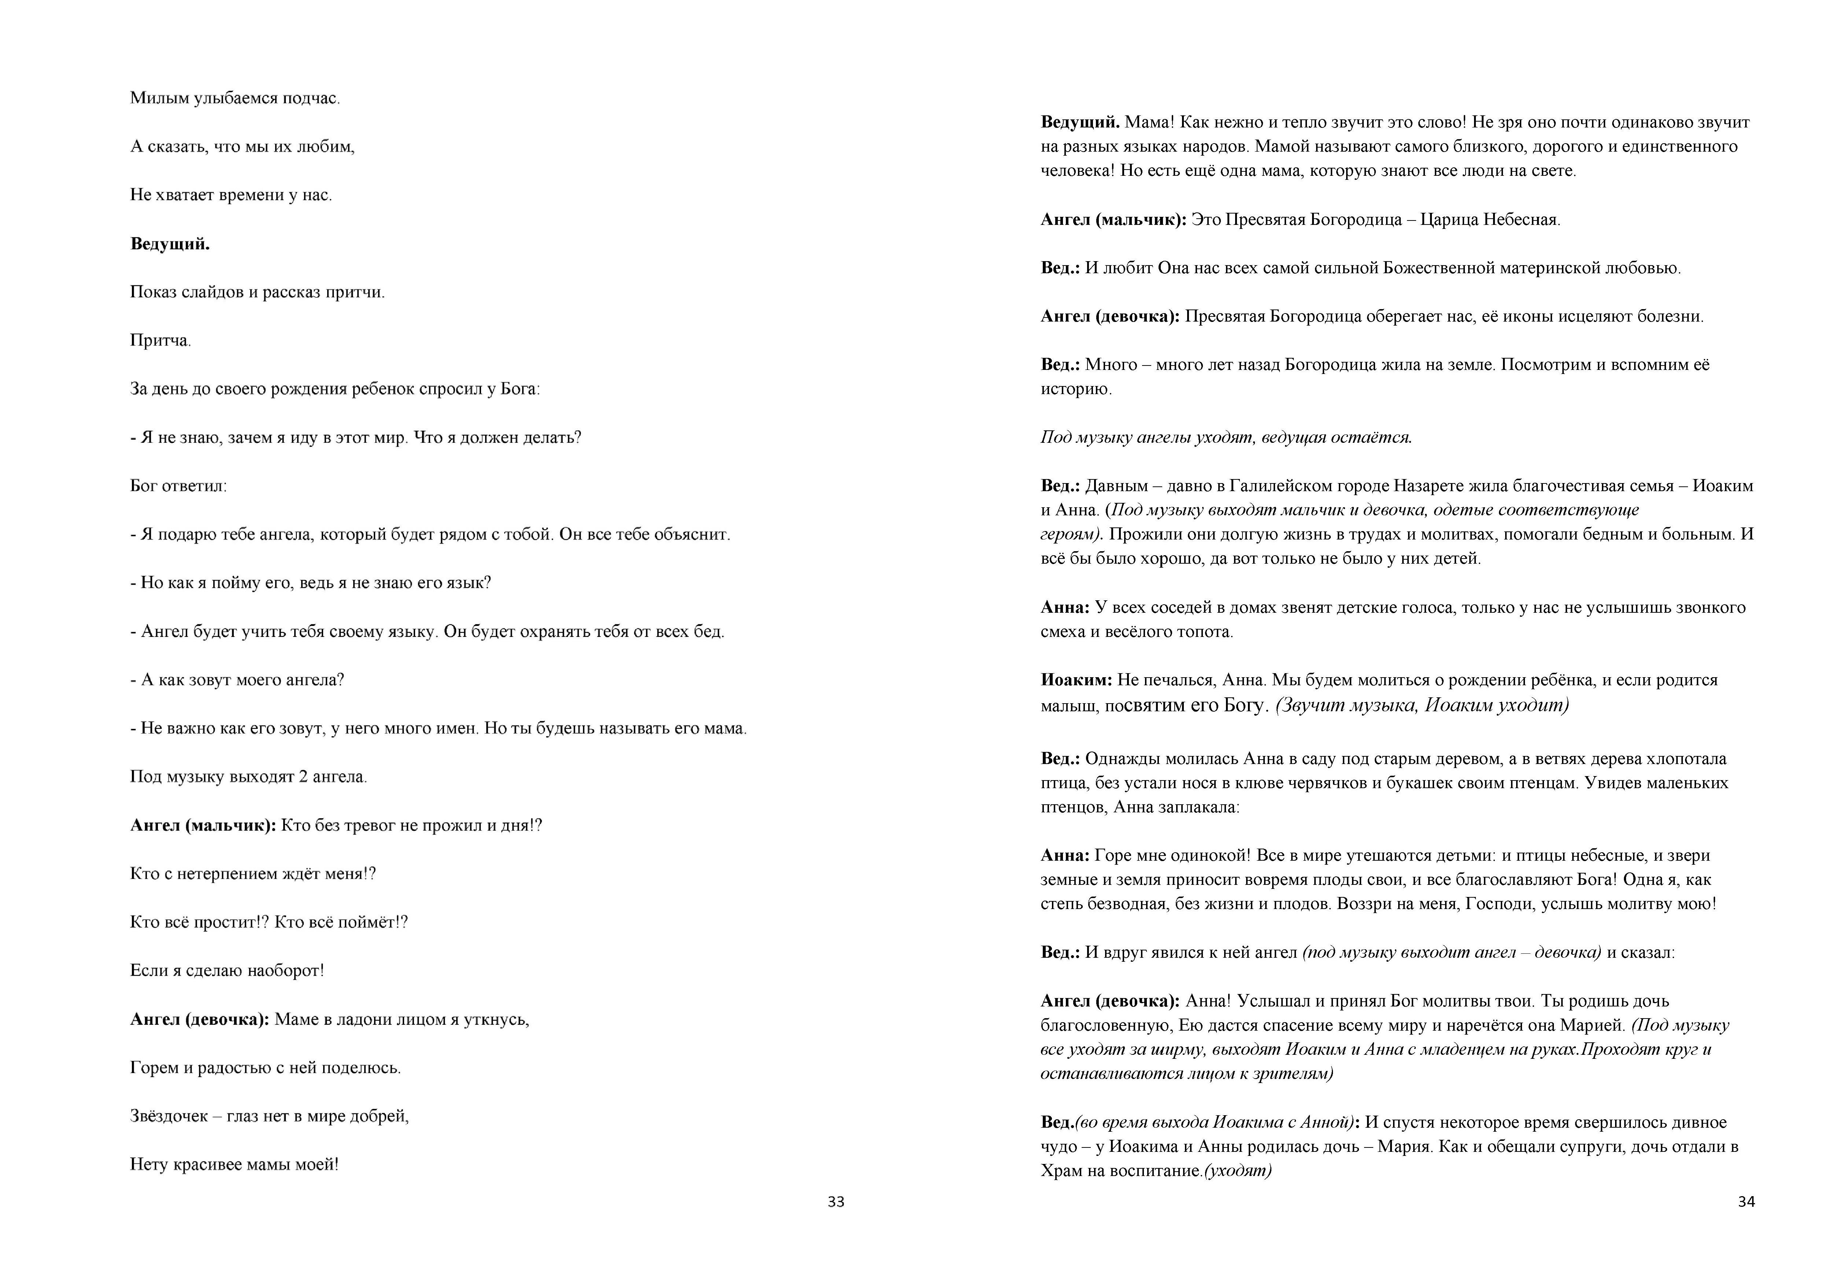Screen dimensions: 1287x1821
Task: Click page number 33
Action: pyautogui.click(x=836, y=1202)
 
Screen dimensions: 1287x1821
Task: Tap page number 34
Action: pyautogui.click(x=1747, y=1202)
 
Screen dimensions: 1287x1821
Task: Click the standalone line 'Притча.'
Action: pyautogui.click(x=160, y=341)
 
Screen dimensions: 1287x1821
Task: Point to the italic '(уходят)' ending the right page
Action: pyautogui.click(x=1238, y=1171)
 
